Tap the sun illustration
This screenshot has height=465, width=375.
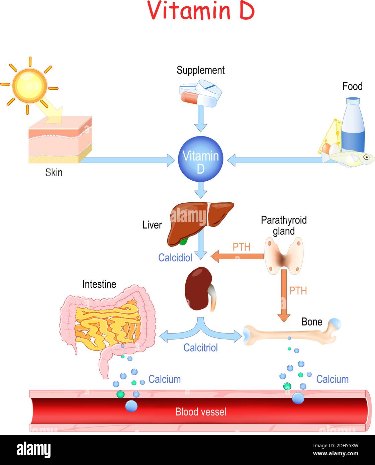coord(29,86)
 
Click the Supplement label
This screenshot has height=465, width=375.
coord(200,70)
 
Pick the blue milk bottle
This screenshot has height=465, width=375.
coord(353,125)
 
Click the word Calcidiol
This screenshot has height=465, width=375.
coord(175,258)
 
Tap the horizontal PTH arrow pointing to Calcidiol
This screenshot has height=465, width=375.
coord(237,257)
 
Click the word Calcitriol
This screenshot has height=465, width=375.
coord(200,348)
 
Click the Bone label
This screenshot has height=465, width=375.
coord(312,322)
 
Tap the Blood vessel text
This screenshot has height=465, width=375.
coord(201,412)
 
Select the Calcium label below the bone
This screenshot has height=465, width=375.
coord(332,379)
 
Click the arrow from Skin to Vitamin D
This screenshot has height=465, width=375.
coord(127,160)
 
